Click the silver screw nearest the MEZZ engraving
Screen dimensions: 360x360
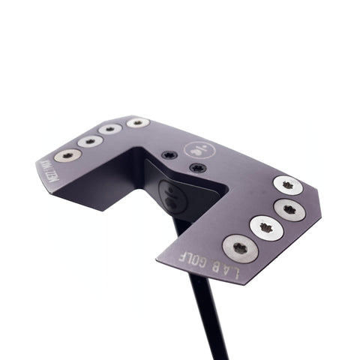68,154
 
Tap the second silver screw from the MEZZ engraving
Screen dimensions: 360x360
89,141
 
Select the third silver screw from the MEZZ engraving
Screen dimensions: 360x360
110,129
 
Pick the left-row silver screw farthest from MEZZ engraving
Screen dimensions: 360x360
137,121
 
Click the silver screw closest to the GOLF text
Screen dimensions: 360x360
240,247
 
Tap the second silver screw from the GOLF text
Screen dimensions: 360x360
266,227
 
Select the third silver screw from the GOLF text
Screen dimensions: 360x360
289,209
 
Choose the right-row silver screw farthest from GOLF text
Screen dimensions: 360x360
287,184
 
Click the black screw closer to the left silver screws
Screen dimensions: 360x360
169,155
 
